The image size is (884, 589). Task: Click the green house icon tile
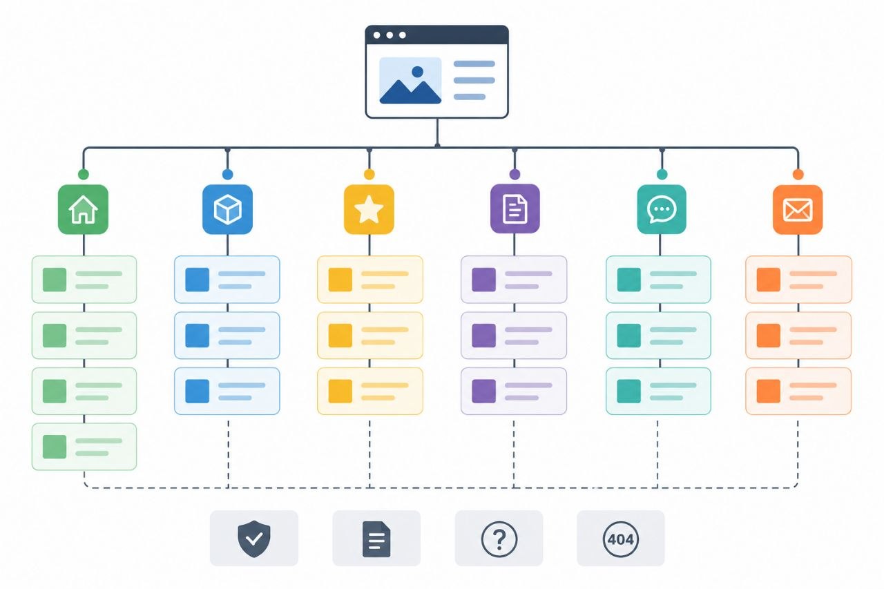(84, 209)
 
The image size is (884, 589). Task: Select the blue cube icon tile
(228, 209)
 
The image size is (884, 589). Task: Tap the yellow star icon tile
(369, 209)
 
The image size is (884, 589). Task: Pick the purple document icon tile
(515, 209)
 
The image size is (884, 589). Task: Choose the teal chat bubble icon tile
(662, 209)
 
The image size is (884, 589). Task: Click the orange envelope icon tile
(798, 209)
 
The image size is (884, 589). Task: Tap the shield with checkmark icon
(254, 539)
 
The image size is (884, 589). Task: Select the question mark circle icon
(499, 539)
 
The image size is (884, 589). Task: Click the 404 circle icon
(621, 539)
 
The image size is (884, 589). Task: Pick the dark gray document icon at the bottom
(376, 539)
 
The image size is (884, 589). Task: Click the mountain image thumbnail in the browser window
(410, 81)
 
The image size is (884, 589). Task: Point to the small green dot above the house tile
(84, 175)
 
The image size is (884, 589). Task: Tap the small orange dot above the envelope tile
(798, 175)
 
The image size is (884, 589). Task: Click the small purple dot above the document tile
(515, 175)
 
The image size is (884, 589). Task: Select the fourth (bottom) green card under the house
(84, 447)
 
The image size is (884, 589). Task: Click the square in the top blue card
(198, 280)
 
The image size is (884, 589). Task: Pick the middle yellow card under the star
(370, 336)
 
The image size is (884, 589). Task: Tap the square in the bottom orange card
(769, 392)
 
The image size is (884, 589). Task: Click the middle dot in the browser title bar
(390, 35)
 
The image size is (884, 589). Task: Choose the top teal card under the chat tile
(659, 280)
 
